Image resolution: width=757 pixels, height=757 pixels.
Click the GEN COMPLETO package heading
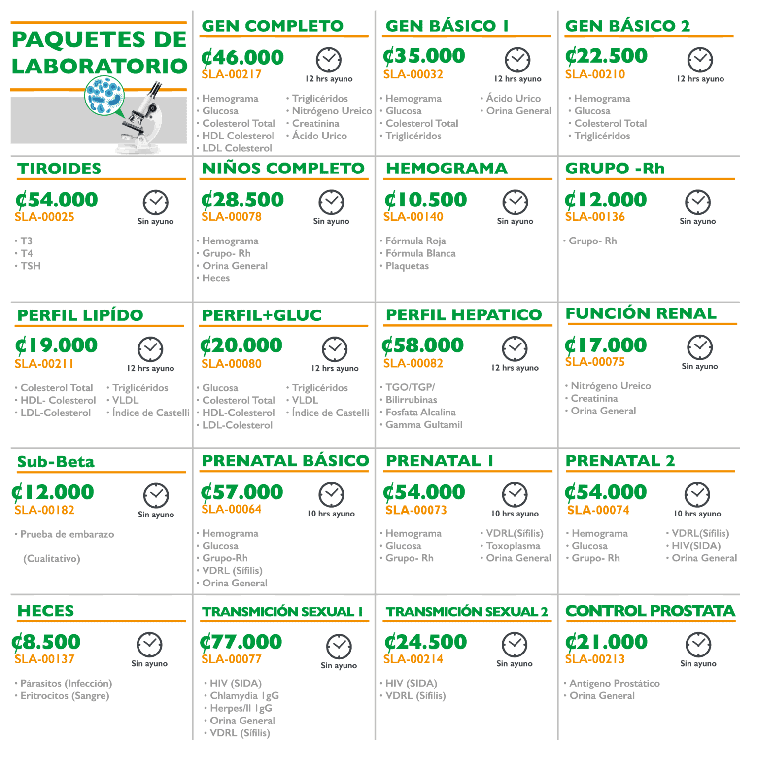pos(273,26)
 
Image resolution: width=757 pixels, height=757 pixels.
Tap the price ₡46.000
pos(242,58)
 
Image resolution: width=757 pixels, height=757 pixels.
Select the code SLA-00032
pos(413,75)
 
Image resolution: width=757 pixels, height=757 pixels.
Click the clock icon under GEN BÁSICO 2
pos(700,60)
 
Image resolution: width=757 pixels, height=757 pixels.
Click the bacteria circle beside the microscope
pos(104,96)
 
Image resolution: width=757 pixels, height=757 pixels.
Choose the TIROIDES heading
pos(59,169)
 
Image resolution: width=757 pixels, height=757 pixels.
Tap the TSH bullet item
pos(31,266)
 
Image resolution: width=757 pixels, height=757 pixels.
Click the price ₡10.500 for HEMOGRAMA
pos(425,200)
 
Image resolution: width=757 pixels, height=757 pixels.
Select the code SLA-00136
pos(595,217)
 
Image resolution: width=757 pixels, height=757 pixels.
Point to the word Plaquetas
pos(407,266)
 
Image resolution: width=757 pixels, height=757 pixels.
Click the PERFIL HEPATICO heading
pos(464,315)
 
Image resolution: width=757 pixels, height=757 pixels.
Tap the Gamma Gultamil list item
pos(424,425)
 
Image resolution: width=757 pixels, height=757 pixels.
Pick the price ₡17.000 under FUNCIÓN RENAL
pos(606,345)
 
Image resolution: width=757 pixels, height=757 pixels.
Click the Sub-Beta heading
pos(56,462)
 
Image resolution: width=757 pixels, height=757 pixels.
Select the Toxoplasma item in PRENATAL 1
pos(513,546)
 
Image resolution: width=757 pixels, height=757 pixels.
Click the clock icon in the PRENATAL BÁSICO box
pos(331,494)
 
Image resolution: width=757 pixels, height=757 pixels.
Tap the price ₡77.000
pos(241,642)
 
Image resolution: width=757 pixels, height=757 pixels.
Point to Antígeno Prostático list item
pos(615,684)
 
